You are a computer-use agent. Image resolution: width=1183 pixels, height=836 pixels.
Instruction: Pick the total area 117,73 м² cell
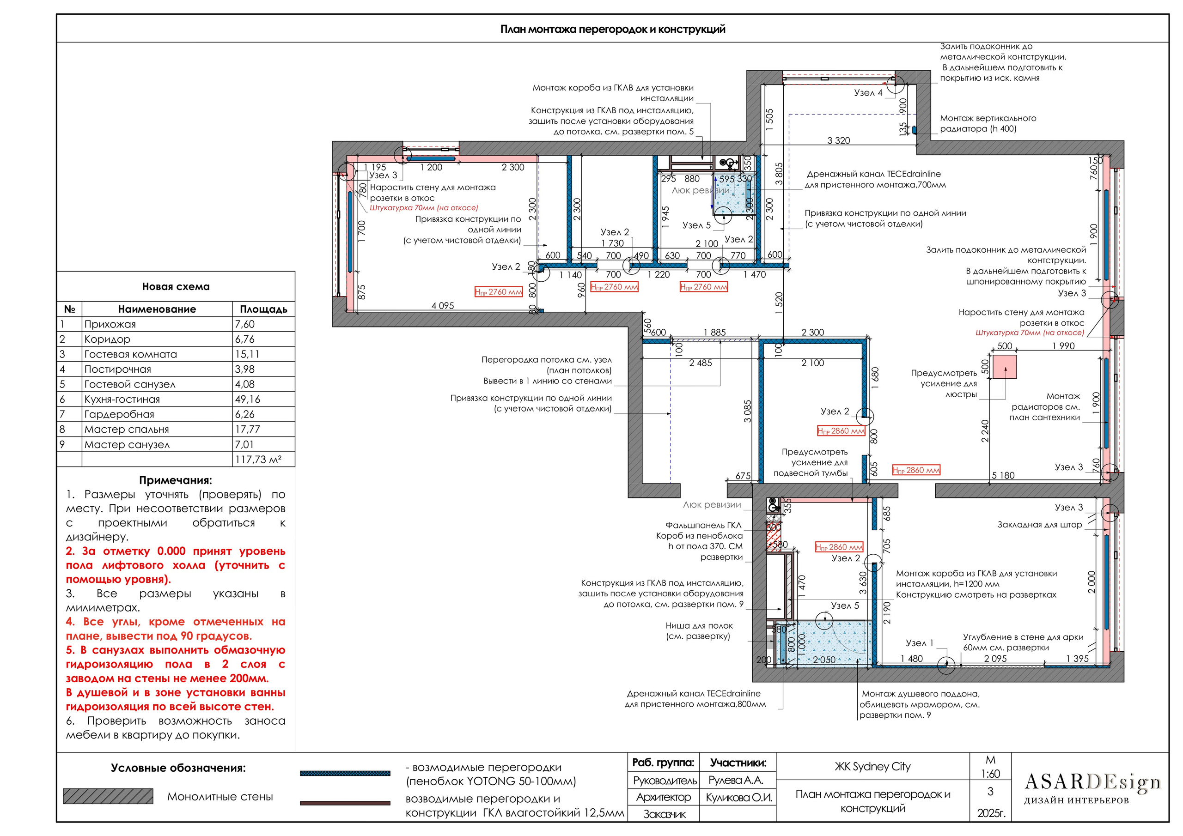pos(258,460)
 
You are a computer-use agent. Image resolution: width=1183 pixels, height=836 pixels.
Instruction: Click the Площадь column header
pos(263,309)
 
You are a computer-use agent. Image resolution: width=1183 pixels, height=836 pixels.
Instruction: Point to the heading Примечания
pos(175,480)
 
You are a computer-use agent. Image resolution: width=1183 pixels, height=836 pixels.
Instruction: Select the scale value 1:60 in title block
pos(990,773)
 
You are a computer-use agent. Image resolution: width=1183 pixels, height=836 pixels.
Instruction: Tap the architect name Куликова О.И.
pos(738,797)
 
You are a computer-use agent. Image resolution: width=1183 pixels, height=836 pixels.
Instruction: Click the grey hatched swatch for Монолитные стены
pos(108,796)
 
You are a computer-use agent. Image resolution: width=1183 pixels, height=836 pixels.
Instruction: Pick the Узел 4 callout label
pos(868,93)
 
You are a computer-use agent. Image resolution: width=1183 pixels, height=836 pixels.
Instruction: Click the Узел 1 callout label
pos(919,643)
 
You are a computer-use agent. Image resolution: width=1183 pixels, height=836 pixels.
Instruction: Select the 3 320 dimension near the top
pos(838,140)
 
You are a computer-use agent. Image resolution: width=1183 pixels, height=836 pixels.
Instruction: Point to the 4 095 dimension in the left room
pos(443,305)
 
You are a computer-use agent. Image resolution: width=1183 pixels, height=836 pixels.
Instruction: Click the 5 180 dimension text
pos(1003,475)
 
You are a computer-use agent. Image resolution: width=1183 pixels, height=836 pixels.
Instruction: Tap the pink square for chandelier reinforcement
pos(1004,366)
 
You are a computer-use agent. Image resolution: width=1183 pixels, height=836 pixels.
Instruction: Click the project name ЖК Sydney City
pos(872,766)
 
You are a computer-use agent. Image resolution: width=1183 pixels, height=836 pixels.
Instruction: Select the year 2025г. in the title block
pos(991,813)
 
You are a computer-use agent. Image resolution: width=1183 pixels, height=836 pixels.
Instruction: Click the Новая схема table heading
pos(176,286)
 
